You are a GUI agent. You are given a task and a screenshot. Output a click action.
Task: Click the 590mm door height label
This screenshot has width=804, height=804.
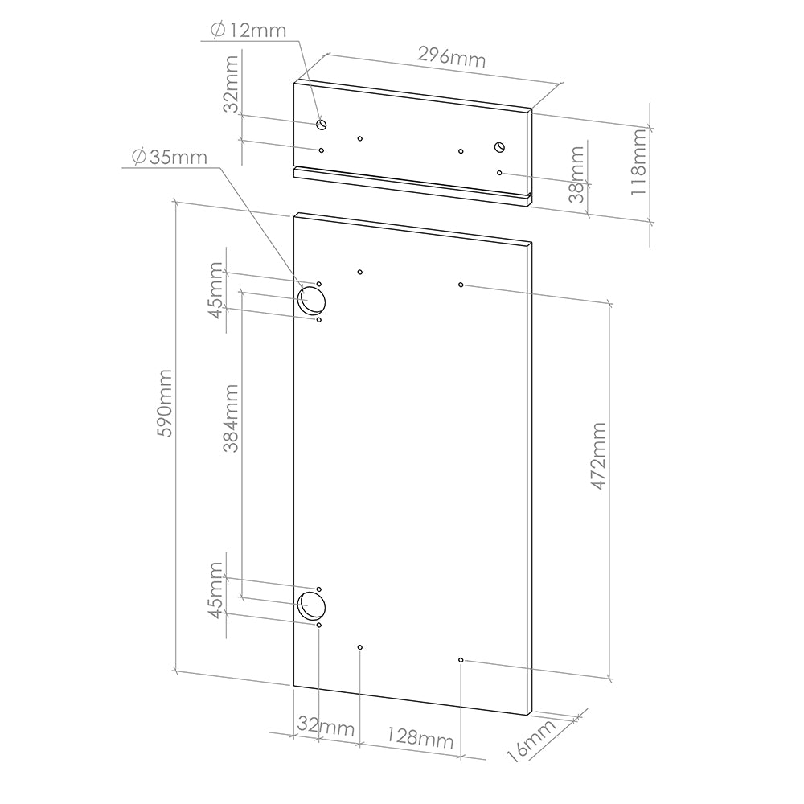pos(166,403)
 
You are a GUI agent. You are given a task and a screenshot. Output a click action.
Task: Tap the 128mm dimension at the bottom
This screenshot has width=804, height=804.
pos(420,737)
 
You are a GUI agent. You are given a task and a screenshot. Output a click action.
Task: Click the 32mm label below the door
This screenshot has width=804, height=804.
pos(326,727)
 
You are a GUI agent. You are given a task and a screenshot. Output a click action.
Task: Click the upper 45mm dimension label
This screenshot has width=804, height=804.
pos(215,290)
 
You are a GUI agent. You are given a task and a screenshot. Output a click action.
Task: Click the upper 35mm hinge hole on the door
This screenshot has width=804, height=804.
pos(312,301)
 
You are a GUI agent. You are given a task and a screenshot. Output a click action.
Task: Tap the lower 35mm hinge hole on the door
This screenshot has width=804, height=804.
pos(310,605)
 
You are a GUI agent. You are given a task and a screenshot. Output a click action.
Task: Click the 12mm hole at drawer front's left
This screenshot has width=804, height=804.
pos(322,125)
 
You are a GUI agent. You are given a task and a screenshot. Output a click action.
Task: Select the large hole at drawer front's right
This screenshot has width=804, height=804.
pos(498,146)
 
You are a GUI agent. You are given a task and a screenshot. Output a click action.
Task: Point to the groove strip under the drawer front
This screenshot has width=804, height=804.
pos(410,186)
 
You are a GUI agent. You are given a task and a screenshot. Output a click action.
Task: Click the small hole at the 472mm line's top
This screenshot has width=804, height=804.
pos(461,285)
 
